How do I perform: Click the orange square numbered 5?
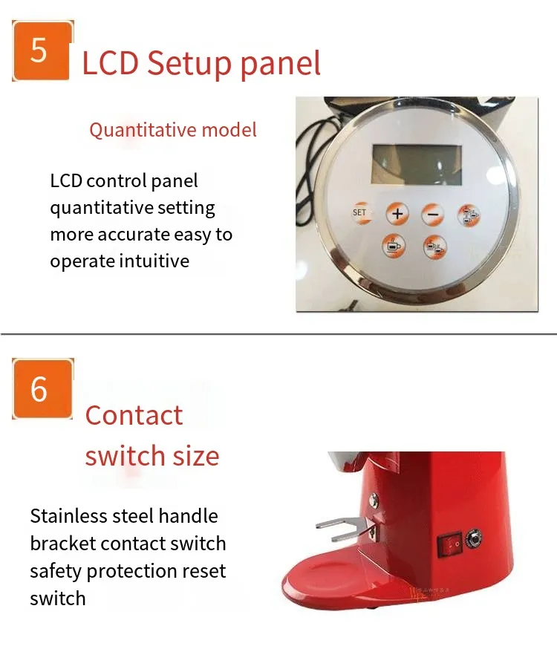pos(42,50)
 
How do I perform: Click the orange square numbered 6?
pos(42,388)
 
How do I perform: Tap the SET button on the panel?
pos(360,213)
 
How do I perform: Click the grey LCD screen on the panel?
pos(417,164)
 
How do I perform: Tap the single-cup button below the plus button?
pos(393,246)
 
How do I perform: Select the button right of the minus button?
pos(469,215)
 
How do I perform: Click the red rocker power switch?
pos(450,544)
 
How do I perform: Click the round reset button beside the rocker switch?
pos(474,538)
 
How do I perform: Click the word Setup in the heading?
pos(189,63)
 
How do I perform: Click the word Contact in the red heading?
pos(134,415)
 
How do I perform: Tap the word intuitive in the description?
pos(154,261)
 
